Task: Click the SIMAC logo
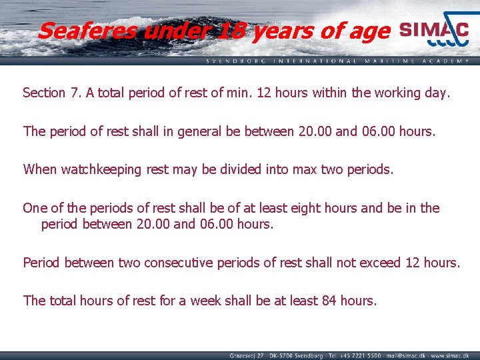click(434, 31)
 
